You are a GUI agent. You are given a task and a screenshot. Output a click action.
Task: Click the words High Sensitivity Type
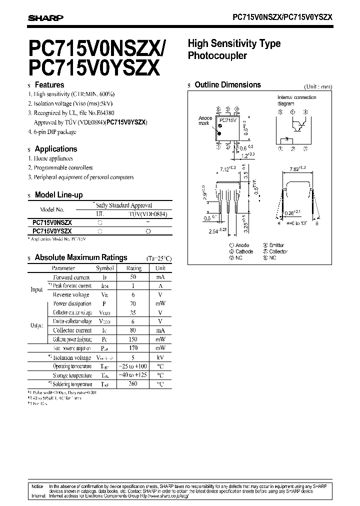tap(234, 44)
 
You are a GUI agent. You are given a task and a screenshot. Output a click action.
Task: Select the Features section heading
tap(49, 85)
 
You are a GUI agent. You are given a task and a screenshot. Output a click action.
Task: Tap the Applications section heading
tap(55, 149)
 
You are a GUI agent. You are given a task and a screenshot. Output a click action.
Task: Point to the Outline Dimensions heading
tap(227, 85)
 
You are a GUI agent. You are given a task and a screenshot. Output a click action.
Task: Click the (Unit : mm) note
tap(318, 86)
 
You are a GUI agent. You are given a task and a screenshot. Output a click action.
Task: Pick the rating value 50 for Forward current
tap(133, 277)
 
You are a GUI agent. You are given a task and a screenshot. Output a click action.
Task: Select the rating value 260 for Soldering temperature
tap(133, 384)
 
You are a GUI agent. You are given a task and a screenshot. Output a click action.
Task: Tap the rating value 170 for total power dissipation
tap(133, 348)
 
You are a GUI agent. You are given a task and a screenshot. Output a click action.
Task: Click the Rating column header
tap(133, 268)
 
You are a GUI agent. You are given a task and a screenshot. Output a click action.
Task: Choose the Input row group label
tap(36, 290)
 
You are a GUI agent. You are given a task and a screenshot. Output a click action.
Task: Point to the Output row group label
tap(36, 325)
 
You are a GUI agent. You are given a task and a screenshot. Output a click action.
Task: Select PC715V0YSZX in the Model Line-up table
tap(52, 231)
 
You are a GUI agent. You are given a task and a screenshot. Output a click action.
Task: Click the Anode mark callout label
tap(205, 121)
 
